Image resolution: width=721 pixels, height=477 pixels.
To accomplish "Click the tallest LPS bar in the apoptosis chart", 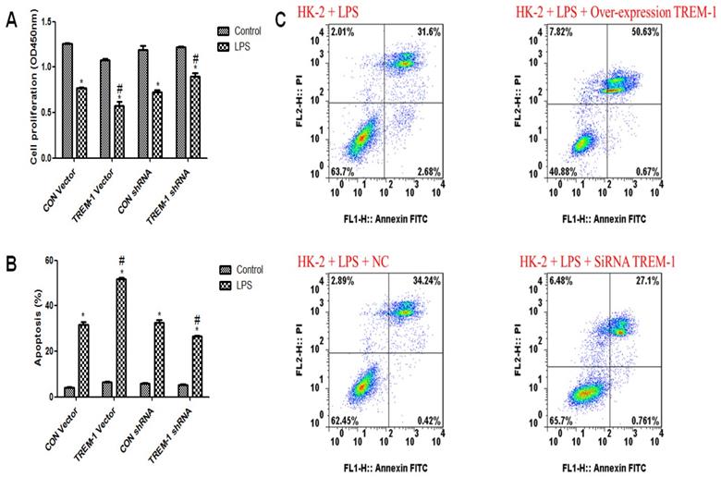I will pyautogui.click(x=120, y=336).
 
